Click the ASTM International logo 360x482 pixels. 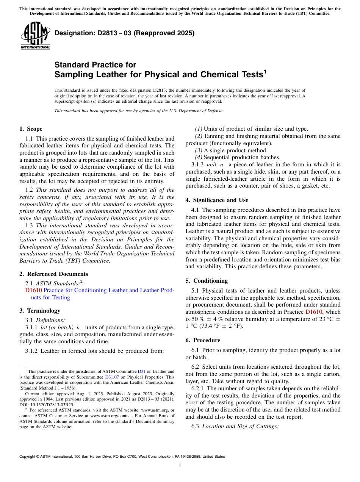[35, 36]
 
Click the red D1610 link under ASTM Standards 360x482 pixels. [33, 290]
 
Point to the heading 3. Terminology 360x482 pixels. [40, 311]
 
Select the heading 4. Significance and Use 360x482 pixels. [217, 200]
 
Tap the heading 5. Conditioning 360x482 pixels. [207, 281]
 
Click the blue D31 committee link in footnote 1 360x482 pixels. [141, 372]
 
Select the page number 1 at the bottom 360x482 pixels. [180, 466]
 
